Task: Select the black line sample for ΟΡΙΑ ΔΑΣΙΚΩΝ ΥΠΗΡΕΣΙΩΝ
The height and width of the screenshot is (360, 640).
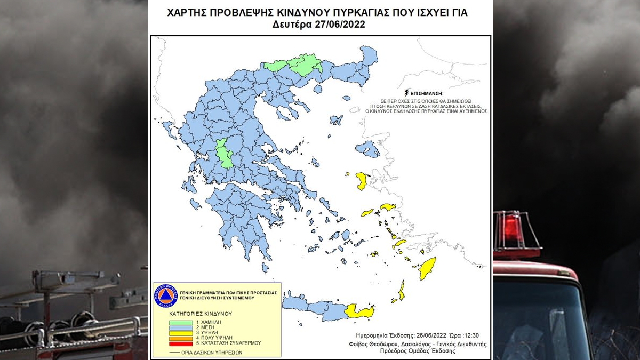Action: point(173,352)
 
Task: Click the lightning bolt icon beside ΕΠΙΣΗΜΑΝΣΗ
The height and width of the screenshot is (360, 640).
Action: point(408,93)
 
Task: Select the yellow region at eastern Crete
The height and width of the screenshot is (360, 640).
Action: point(359,310)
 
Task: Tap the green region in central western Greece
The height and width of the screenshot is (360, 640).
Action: point(224,155)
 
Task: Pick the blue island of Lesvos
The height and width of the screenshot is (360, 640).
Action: point(368,149)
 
